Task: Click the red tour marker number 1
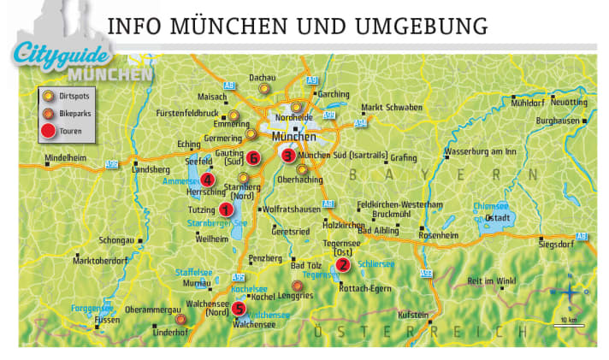pyautogui.click(x=226, y=209)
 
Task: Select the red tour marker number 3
pyautogui.click(x=288, y=156)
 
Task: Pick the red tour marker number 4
pyautogui.click(x=209, y=178)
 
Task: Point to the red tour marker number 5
pyautogui.click(x=239, y=309)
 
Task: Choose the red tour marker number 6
pyautogui.click(x=253, y=157)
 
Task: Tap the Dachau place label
pyautogui.click(x=262, y=77)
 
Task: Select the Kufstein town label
pyautogui.click(x=426, y=315)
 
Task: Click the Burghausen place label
pyautogui.click(x=559, y=121)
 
